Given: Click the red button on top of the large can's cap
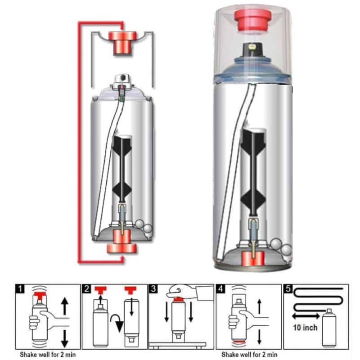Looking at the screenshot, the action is click(x=252, y=20).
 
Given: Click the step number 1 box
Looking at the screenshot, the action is click(x=20, y=288).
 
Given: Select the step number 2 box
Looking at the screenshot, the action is click(x=86, y=288).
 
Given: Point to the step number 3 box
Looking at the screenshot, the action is click(x=153, y=288).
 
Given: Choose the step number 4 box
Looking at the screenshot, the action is click(x=220, y=288).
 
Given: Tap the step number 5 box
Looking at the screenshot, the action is click(x=288, y=288).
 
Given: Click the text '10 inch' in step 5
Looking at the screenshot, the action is click(x=305, y=328).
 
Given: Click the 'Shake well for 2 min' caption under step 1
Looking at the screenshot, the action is click(x=48, y=355).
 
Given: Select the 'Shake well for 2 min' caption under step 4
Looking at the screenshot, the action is click(x=249, y=355).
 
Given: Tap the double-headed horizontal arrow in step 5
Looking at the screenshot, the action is click(x=306, y=316).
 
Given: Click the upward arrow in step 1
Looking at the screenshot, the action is click(x=65, y=306).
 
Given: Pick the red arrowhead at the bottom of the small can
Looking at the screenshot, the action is click(x=122, y=260).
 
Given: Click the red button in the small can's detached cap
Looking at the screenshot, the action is click(x=122, y=43).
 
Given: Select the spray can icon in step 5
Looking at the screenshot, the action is click(x=329, y=328).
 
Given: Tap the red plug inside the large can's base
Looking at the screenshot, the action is click(x=252, y=259).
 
